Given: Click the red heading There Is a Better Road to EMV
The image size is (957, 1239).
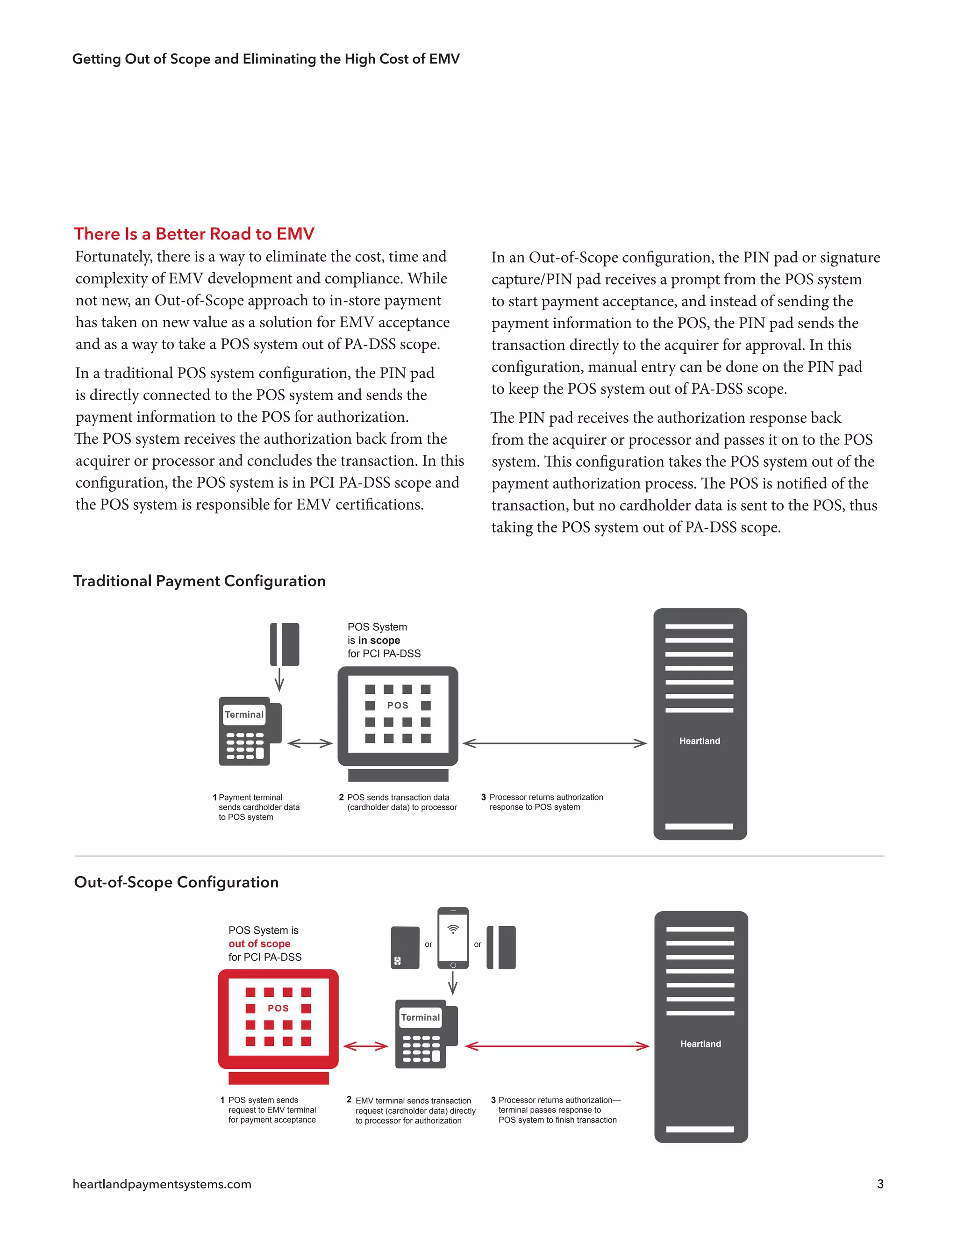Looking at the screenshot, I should (194, 234).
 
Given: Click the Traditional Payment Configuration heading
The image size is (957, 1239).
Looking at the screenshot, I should (199, 581).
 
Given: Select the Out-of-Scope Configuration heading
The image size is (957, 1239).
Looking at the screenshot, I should (176, 882).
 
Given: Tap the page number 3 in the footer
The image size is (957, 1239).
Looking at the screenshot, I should (880, 1184).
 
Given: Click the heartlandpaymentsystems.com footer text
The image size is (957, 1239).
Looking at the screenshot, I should (162, 1184).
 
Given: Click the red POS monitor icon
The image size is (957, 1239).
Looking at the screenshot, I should (278, 1019).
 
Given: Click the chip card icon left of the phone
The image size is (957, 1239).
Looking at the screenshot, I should (405, 947).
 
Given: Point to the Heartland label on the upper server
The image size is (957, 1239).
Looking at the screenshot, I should (700, 741).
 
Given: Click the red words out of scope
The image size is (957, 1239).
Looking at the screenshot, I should (259, 944).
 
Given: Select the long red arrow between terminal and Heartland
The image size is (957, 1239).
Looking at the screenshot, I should (556, 1046).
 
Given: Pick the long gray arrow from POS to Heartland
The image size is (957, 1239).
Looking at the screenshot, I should (555, 743).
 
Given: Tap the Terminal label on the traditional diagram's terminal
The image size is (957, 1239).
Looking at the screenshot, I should (244, 715).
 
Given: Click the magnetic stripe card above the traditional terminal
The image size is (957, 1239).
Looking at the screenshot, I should (284, 644).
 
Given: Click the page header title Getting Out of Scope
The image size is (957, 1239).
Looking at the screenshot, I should (265, 59).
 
